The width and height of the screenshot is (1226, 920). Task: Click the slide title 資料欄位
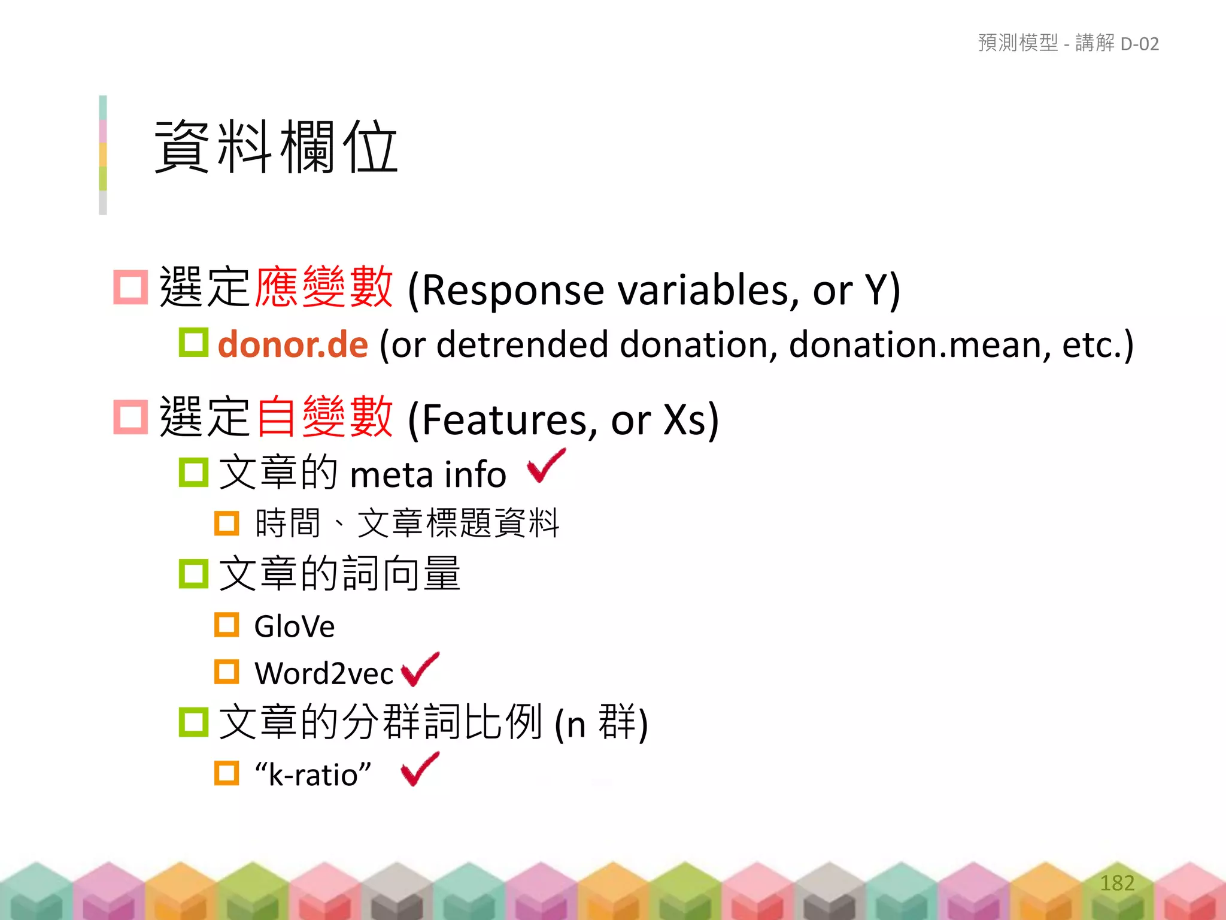tap(276, 147)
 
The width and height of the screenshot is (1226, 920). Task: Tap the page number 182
tap(1117, 883)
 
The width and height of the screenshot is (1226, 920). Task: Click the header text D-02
tap(1140, 44)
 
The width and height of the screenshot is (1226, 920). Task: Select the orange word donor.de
tap(293, 345)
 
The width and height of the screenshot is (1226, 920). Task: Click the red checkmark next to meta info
tap(545, 466)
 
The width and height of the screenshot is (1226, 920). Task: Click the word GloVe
tap(294, 627)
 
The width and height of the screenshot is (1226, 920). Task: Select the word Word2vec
tap(324, 674)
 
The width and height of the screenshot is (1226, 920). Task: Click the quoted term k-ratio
tap(312, 775)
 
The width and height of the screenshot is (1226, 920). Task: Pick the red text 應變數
tap(324, 288)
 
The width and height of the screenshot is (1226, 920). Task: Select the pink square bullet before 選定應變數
tap(131, 287)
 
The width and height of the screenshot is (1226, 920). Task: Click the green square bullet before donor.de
tap(193, 343)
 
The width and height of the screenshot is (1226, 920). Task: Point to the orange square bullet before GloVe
tap(227, 625)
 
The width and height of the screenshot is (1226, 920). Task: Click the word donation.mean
tap(919, 345)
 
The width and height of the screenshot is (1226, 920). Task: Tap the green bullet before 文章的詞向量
tap(193, 573)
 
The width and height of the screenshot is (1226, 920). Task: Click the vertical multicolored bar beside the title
tap(103, 155)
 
